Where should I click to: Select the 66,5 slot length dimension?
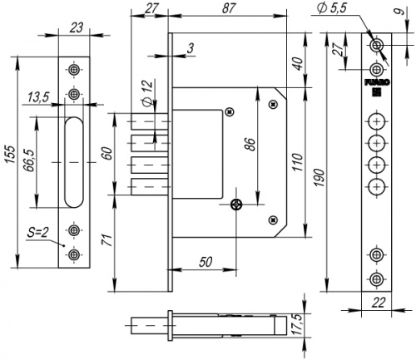(x=30, y=160)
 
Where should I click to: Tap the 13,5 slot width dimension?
(x=38, y=97)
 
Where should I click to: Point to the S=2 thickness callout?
(x=38, y=233)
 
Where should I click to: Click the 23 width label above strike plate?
(x=77, y=28)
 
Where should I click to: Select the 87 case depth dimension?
(x=229, y=8)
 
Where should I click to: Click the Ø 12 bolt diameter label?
(x=147, y=92)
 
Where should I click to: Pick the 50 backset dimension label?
(x=206, y=262)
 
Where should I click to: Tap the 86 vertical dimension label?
(x=251, y=144)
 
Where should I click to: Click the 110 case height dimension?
(x=298, y=162)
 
